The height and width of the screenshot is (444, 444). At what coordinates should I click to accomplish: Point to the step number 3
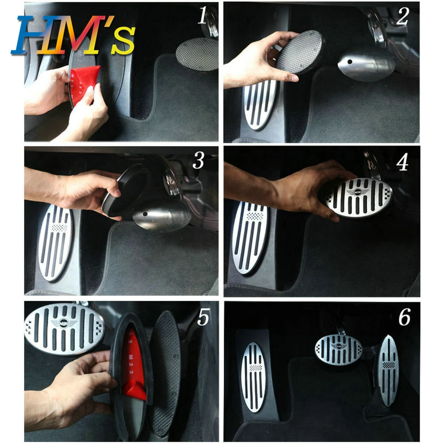(198, 162)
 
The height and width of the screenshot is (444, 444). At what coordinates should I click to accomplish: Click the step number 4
(402, 163)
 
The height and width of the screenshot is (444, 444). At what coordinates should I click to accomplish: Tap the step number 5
(203, 318)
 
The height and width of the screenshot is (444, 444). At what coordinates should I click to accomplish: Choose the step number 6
(404, 318)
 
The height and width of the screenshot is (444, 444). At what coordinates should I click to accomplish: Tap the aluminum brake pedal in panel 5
(64, 328)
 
